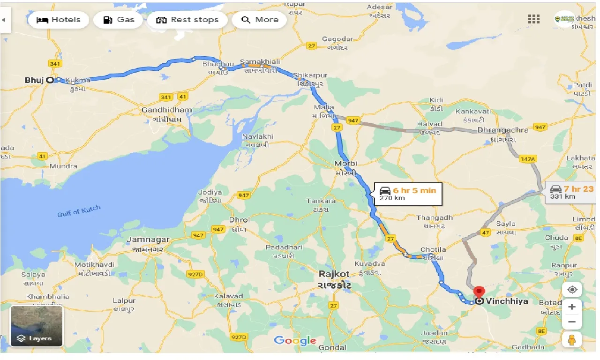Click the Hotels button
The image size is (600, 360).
tap(58, 20)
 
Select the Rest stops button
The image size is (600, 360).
tap(187, 20)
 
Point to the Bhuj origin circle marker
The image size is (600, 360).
tap(50, 80)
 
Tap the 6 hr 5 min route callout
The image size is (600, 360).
tap(408, 193)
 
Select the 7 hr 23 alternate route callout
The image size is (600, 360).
tap(571, 192)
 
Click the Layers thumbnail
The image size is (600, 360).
tap(37, 326)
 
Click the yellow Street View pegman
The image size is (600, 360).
tap(572, 340)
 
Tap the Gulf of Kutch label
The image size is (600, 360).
tap(79, 211)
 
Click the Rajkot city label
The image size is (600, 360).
tap(335, 274)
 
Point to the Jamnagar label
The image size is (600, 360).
tap(148, 240)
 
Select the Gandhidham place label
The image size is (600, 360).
tap(166, 110)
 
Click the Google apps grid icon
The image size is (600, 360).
tap(533, 19)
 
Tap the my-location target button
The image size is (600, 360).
tap(572, 290)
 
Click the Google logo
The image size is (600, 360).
tap(295, 340)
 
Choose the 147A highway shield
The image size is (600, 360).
tap(527, 159)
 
